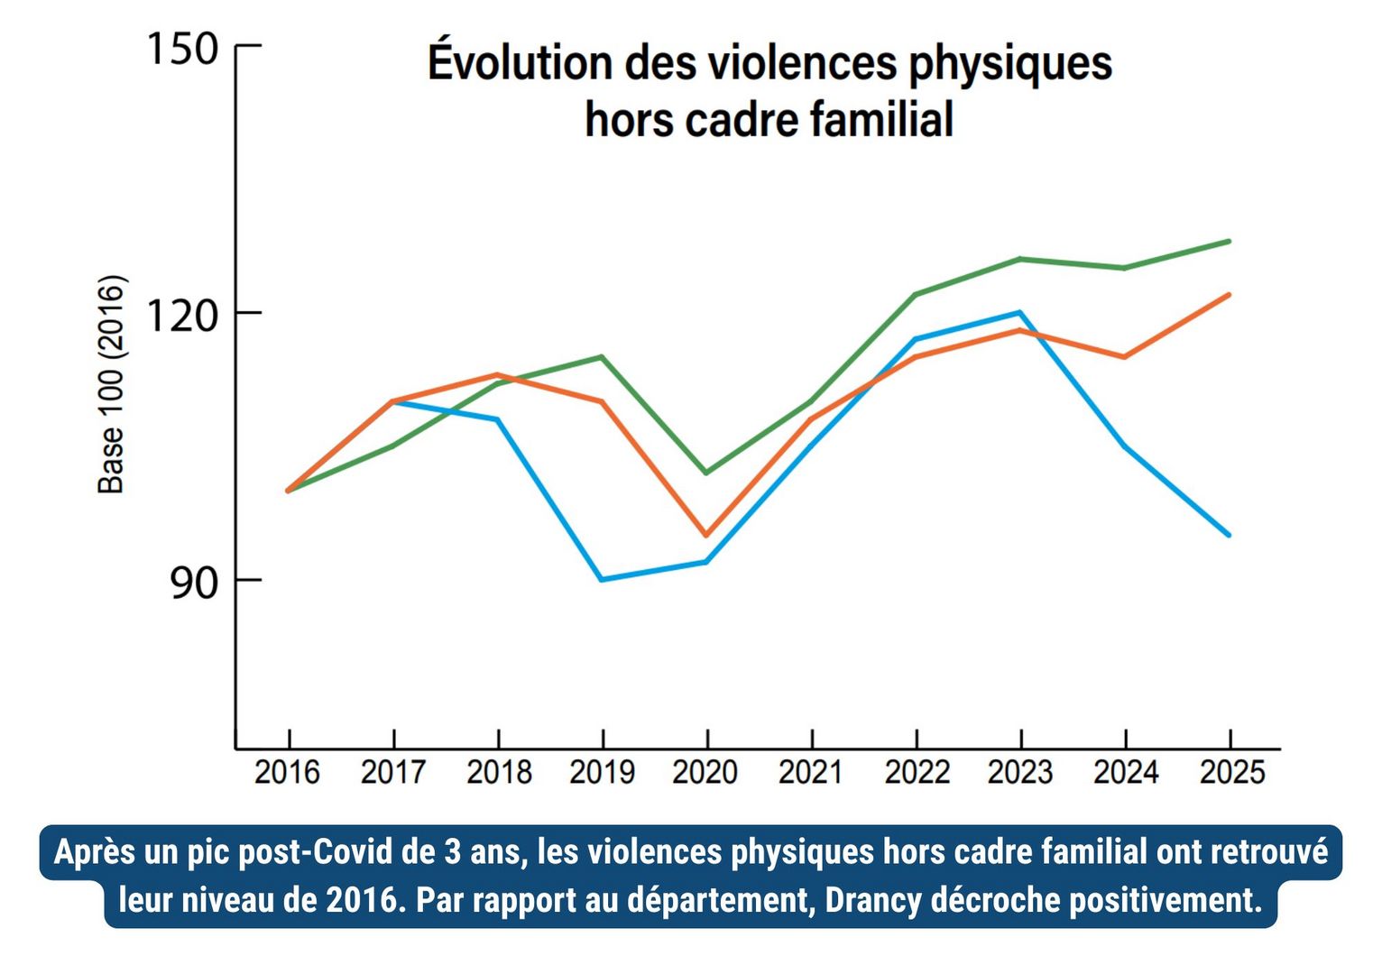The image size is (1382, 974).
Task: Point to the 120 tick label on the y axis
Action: coord(182,314)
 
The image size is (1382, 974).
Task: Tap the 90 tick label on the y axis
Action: coord(194,583)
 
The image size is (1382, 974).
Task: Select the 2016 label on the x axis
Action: coord(287,773)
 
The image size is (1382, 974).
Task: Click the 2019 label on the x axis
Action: coord(602,773)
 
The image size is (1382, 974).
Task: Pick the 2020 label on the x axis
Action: coord(705,773)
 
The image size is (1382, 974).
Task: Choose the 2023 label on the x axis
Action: coord(1019,773)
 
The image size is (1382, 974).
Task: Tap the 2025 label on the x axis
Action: coord(1231,773)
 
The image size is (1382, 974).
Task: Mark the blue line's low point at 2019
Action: coord(602,579)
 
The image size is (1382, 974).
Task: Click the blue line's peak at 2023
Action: coord(1019,313)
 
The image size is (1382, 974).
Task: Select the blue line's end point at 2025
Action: coord(1229,535)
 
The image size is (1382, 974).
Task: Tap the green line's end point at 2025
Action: coord(1229,242)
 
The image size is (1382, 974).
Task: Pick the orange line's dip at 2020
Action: coord(706,536)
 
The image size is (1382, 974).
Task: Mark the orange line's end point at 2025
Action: coord(1229,295)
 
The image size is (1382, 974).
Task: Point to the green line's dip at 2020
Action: coord(706,473)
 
